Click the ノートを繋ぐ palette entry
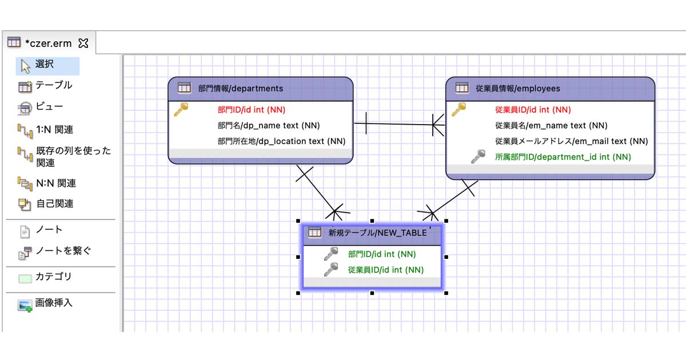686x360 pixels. point(55,251)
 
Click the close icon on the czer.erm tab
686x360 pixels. point(83,43)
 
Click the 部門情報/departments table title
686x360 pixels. point(240,89)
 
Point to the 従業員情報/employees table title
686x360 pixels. point(518,89)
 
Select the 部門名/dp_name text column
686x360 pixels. point(268,126)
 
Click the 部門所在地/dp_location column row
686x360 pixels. point(281,141)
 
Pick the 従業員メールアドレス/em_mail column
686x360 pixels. point(571,141)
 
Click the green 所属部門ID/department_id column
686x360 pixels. point(563,157)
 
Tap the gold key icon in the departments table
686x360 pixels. point(181,109)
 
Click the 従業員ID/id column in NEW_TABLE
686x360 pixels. point(385,270)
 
